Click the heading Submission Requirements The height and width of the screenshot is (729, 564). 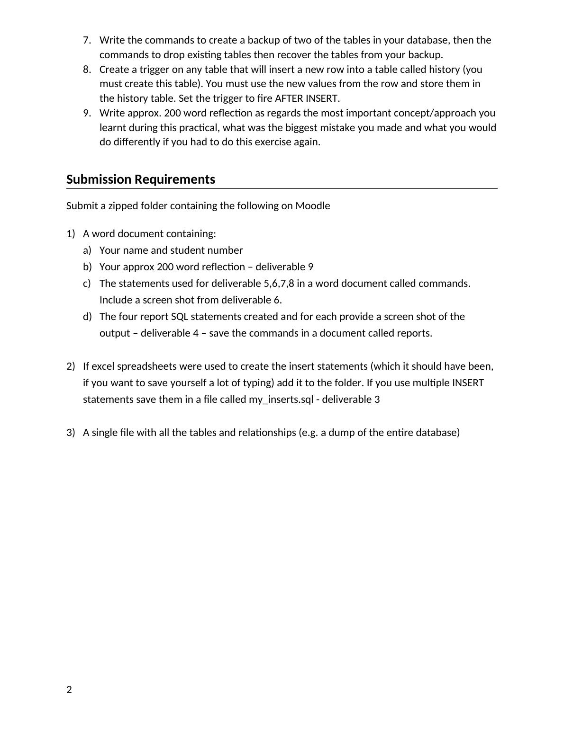pyautogui.click(x=141, y=179)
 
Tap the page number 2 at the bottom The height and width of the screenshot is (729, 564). pyautogui.click(x=69, y=690)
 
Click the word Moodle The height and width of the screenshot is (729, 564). pyautogui.click(x=313, y=206)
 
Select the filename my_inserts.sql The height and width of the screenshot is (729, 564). pyautogui.click(x=281, y=400)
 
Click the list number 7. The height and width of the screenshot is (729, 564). pyautogui.click(x=87, y=40)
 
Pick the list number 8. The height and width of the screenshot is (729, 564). pyautogui.click(x=87, y=70)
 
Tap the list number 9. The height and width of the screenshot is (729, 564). pyautogui.click(x=87, y=113)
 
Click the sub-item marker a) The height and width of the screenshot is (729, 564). pyautogui.click(x=87, y=250)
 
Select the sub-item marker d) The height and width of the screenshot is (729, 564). pyautogui.click(x=87, y=317)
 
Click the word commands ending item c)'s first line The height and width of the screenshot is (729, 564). pyautogui.click(x=449, y=284)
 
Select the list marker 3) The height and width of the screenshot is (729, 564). pyautogui.click(x=71, y=433)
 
